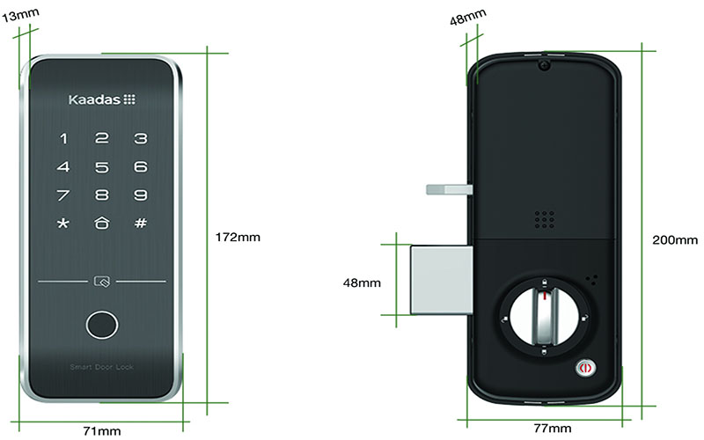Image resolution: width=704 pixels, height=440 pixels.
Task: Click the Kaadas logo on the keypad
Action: (x=102, y=99)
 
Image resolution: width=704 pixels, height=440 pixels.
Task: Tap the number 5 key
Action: (x=102, y=167)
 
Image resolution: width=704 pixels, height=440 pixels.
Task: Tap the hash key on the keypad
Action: (x=141, y=223)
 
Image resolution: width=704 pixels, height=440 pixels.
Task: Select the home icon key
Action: (x=102, y=223)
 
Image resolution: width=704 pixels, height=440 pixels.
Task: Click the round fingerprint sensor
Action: (x=102, y=325)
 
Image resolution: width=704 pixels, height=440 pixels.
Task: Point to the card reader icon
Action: (x=102, y=282)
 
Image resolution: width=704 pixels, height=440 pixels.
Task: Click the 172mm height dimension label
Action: (x=238, y=237)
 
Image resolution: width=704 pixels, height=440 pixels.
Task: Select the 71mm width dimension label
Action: (x=102, y=431)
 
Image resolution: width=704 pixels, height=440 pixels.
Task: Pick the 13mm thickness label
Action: (x=20, y=15)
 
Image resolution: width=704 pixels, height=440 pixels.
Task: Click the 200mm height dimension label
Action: (x=675, y=239)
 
